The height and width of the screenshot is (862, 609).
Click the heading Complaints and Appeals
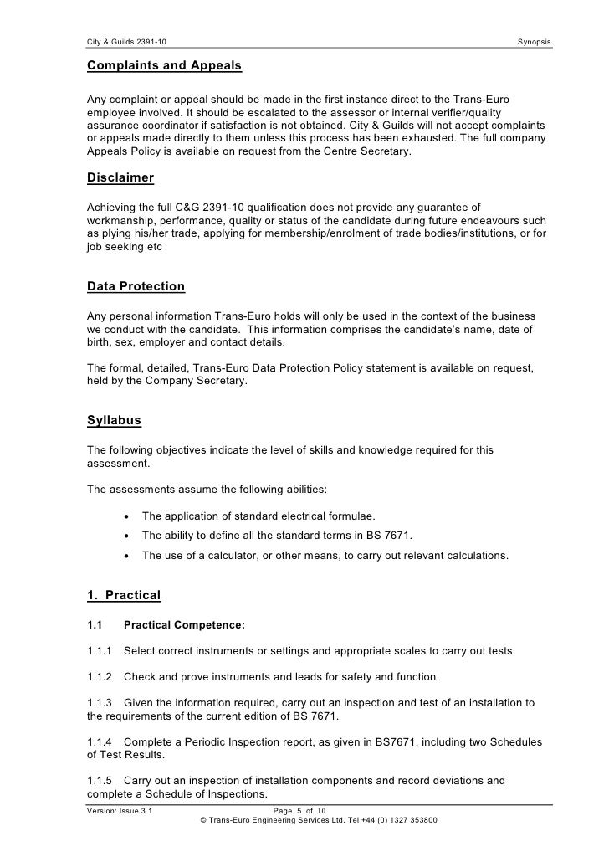164,65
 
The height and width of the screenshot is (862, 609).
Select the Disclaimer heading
120,177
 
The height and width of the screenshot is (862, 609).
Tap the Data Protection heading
136,286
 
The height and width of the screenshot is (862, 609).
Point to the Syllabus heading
114,420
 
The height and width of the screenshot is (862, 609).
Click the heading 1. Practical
123,595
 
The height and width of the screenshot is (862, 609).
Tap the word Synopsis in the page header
535,42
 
